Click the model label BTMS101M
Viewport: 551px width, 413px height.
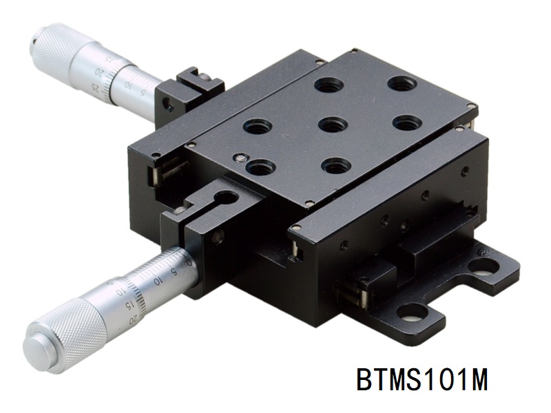click(422, 379)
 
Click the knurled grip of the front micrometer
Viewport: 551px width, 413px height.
click(65, 333)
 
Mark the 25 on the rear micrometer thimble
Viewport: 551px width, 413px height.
click(94, 85)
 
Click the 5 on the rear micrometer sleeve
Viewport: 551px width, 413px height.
click(143, 94)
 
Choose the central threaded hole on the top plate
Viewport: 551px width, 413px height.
click(333, 125)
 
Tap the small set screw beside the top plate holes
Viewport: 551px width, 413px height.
click(240, 158)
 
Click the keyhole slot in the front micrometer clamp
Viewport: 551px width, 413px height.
click(225, 199)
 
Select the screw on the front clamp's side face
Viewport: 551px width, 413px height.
click(218, 237)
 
